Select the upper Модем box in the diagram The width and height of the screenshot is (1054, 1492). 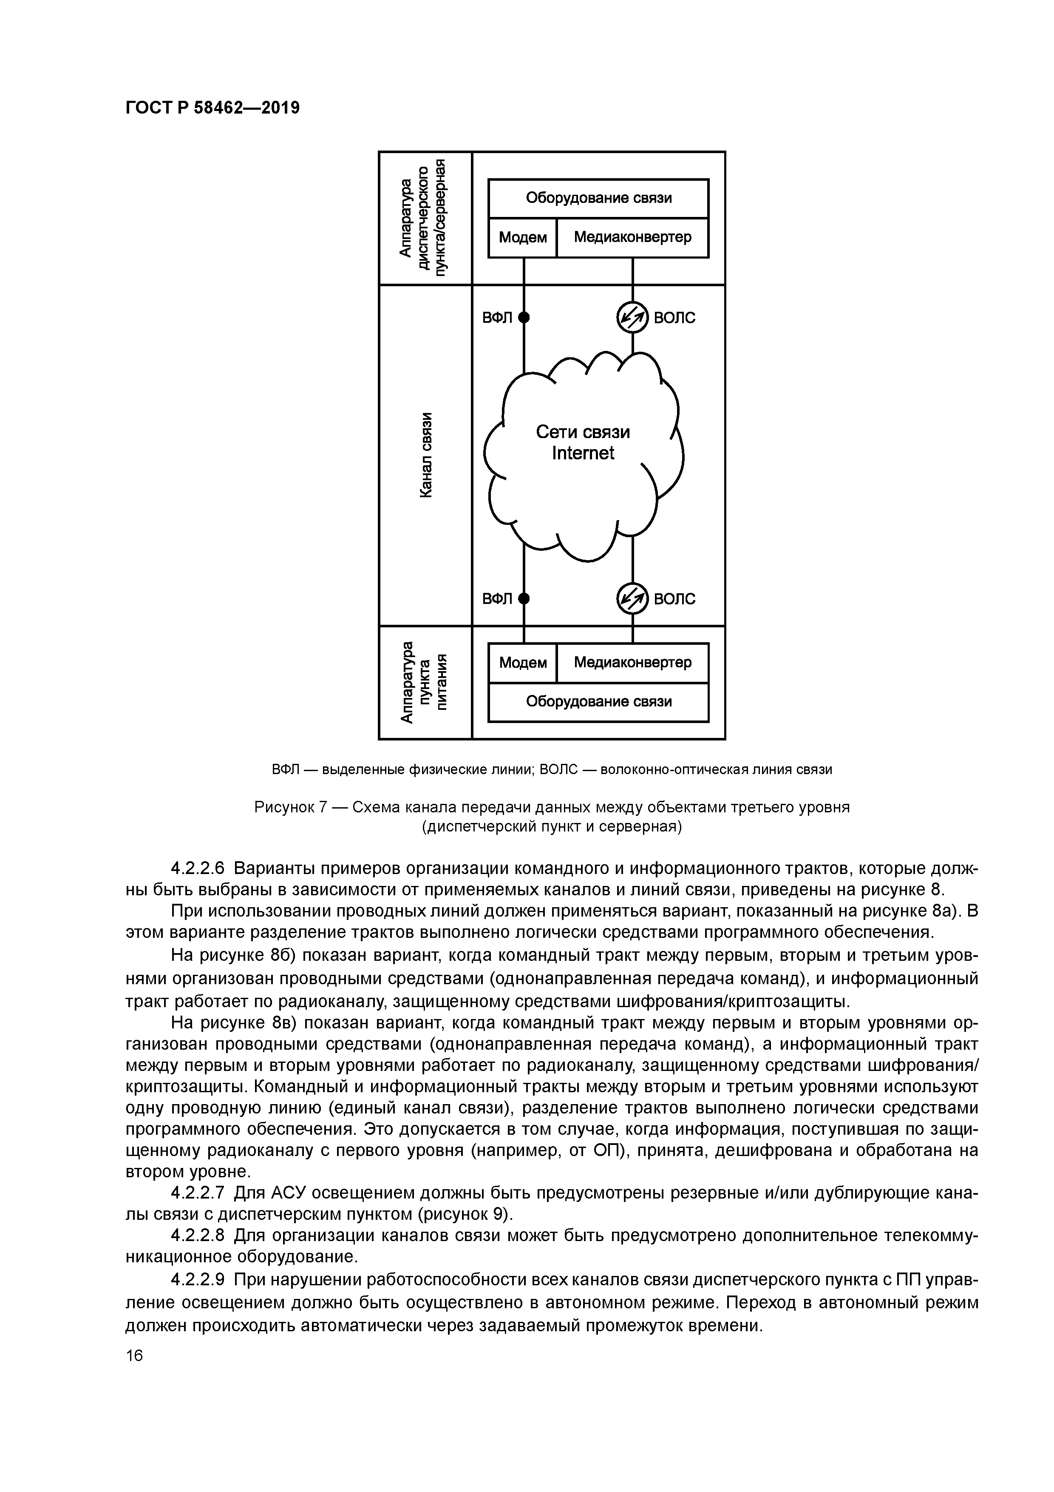(522, 238)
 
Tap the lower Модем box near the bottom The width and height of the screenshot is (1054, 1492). (522, 663)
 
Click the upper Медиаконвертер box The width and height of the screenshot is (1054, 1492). (632, 238)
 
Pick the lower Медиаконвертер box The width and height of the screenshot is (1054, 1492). (632, 663)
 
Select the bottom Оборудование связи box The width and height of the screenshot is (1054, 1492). (598, 702)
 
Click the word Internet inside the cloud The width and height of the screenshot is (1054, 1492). (583, 453)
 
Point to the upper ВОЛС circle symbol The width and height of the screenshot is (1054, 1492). (632, 317)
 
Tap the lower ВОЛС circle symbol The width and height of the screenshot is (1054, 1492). (632, 598)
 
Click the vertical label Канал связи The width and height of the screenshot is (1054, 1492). (425, 455)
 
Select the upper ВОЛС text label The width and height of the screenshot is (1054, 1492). (674, 318)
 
